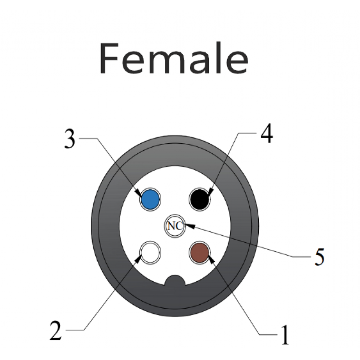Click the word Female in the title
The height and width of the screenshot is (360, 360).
[x=173, y=58]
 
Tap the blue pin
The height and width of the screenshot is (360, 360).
[x=150, y=199]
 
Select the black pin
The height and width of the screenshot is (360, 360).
[x=199, y=199]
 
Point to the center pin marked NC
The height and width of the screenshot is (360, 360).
[x=175, y=226]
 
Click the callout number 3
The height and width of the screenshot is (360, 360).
[x=69, y=139]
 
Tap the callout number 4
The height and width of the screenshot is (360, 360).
[x=266, y=134]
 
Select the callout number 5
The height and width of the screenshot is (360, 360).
[x=319, y=257]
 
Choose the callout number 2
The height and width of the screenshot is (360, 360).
[x=55, y=330]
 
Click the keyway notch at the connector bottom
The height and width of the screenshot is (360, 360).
[x=175, y=280]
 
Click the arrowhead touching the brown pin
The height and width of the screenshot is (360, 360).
[x=210, y=259]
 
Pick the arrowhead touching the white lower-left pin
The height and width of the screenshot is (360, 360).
[x=138, y=259]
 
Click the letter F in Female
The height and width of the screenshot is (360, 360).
[x=109, y=58]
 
